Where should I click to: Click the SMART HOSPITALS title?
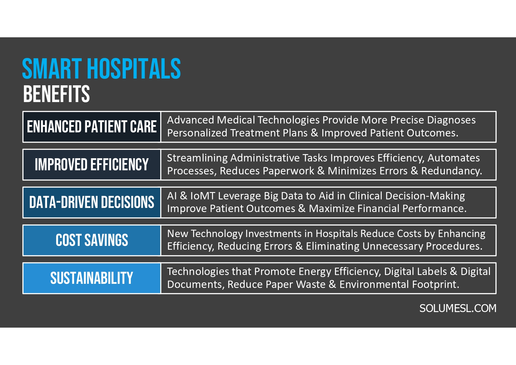pos(101,69)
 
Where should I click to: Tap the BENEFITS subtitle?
pos(56,94)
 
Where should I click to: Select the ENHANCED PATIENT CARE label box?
pos(92,127)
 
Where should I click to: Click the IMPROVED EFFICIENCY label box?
pos(92,165)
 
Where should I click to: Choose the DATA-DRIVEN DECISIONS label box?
pos(92,202)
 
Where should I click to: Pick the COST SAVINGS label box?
pos(92,240)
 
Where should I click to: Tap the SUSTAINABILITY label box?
pos(92,278)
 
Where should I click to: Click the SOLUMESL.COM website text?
pos(457,308)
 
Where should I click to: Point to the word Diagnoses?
pos(451,120)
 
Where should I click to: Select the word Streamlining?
pos(197,158)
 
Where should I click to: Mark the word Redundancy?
pos(451,171)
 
